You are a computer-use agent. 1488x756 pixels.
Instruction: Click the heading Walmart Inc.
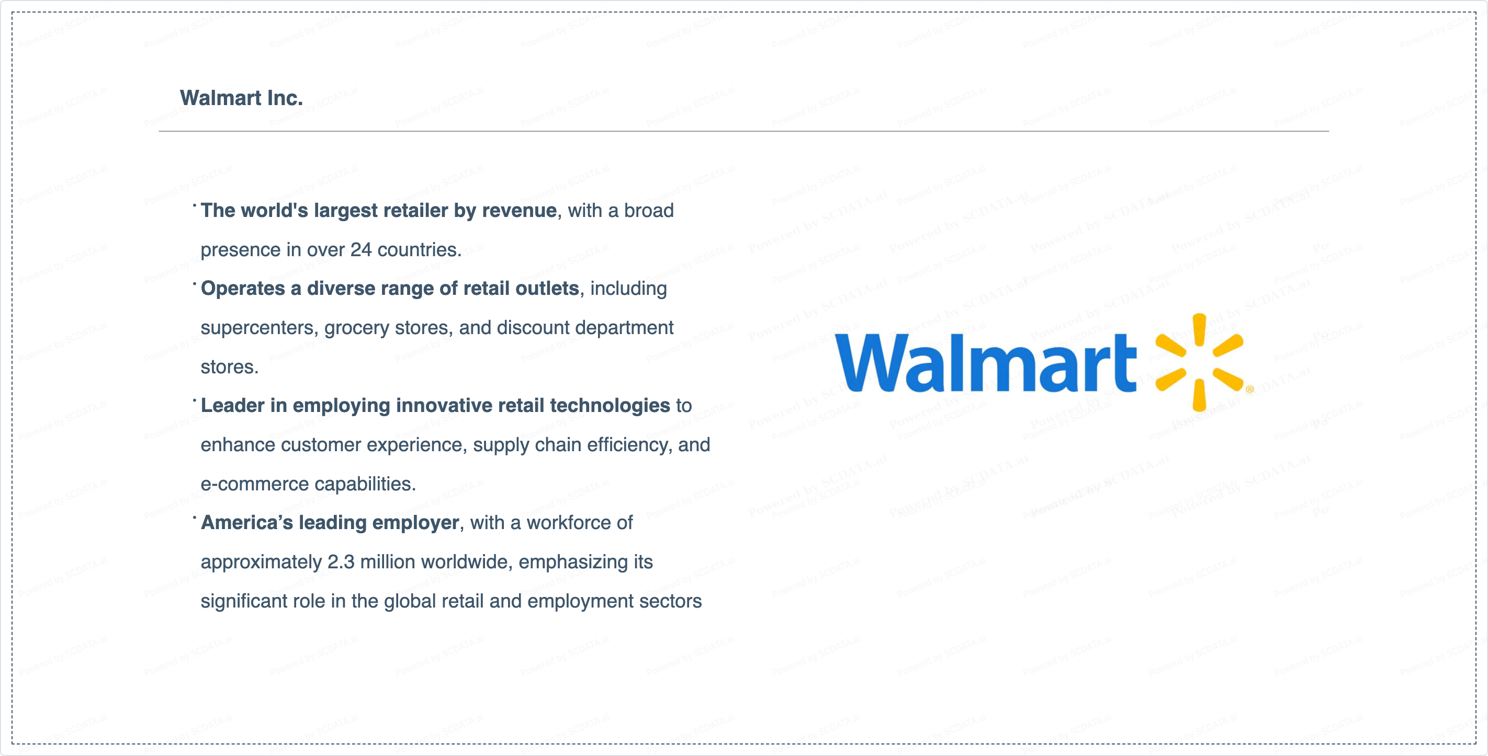[241, 98]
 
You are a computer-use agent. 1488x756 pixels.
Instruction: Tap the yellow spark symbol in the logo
[1199, 362]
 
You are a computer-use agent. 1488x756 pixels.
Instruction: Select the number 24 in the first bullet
[360, 249]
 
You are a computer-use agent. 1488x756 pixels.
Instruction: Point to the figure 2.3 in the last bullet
[341, 562]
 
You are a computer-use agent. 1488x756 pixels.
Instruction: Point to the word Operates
[243, 289]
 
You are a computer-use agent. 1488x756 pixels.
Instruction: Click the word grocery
[356, 328]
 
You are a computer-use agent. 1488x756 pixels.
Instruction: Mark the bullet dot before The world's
[195, 204]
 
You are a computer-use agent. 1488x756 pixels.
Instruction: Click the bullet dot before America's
[195, 517]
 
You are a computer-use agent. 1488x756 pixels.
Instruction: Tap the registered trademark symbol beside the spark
[1249, 390]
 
